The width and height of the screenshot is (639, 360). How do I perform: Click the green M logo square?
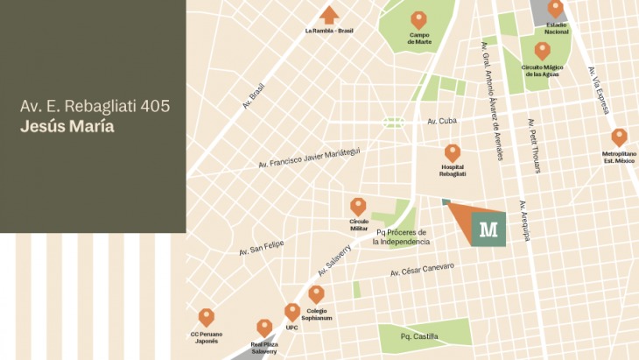click(x=488, y=229)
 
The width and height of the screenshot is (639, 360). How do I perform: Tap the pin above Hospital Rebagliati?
click(x=452, y=153)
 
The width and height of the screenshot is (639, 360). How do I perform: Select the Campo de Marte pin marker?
click(x=419, y=19)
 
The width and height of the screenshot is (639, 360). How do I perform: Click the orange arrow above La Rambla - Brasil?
click(x=329, y=15)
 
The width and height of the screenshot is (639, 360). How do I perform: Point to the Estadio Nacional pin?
click(x=555, y=9)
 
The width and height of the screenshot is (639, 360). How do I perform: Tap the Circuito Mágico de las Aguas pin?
click(x=542, y=51)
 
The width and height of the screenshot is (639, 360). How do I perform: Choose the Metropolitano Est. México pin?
click(x=619, y=138)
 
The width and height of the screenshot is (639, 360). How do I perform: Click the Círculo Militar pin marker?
click(x=358, y=207)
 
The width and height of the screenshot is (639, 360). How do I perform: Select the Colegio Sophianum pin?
click(x=316, y=294)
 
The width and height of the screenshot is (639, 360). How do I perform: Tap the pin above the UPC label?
click(x=291, y=312)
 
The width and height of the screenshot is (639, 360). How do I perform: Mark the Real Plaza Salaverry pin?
click(x=264, y=328)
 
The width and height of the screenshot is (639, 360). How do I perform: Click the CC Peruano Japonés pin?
click(x=206, y=317)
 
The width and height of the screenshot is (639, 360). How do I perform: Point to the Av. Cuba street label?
click(x=443, y=121)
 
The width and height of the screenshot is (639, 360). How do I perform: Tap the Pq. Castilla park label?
click(x=418, y=336)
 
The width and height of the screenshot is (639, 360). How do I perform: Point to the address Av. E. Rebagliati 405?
click(x=95, y=106)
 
